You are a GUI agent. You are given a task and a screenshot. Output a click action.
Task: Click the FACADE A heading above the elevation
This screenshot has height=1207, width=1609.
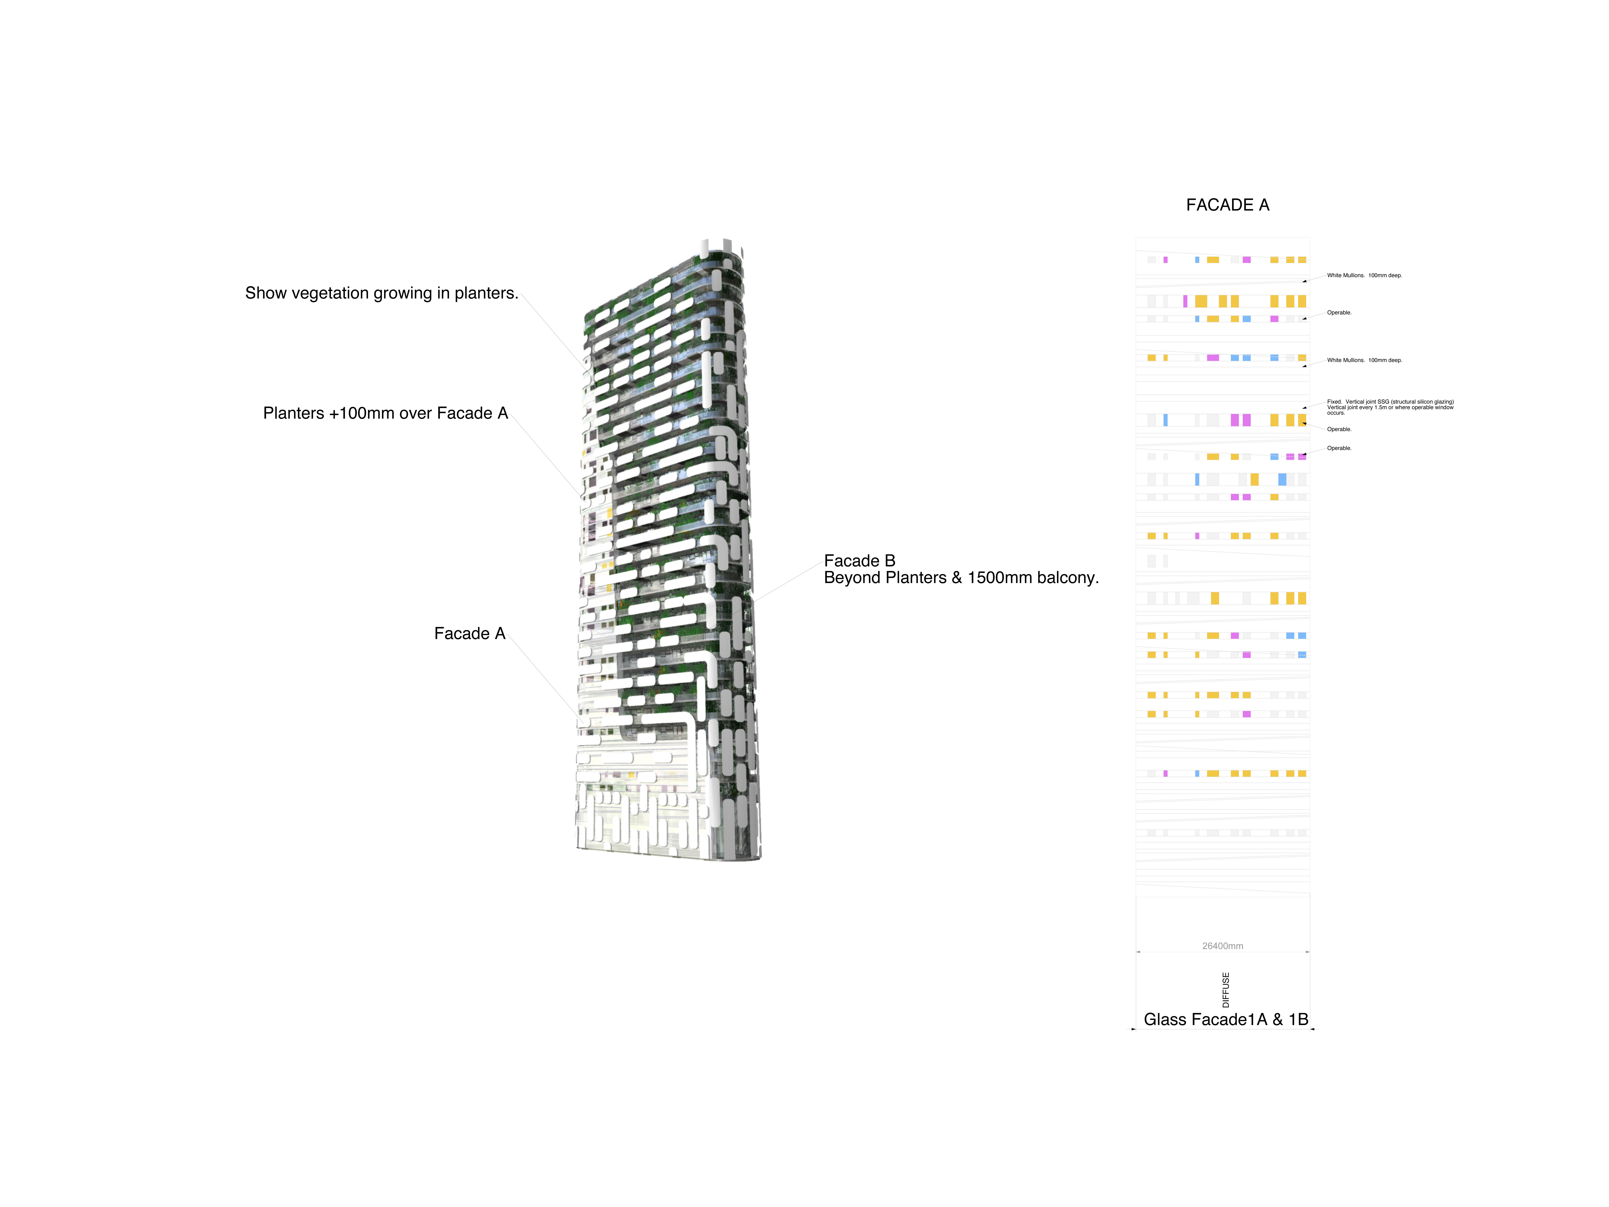1227,205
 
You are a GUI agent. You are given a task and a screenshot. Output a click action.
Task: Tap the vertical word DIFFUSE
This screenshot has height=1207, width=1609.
1226,990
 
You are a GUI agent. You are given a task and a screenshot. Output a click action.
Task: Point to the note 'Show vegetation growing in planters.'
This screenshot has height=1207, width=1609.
382,293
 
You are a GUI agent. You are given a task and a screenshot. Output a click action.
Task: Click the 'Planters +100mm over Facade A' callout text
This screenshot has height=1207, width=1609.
385,413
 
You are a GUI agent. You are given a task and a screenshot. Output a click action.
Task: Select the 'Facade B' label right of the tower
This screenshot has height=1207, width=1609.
859,561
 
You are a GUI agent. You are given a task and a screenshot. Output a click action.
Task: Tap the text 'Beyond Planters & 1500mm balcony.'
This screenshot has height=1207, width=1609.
961,578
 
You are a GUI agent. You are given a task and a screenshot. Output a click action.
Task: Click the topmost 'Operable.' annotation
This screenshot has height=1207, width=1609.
1339,313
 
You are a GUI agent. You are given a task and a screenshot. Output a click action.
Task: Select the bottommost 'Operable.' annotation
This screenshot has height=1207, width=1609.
1339,448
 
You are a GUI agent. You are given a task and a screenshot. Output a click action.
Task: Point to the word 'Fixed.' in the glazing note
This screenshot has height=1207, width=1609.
1334,402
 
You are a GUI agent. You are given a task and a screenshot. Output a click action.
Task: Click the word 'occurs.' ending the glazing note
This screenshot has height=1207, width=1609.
1335,413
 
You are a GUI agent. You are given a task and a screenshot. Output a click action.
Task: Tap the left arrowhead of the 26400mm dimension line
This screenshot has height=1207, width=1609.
1138,952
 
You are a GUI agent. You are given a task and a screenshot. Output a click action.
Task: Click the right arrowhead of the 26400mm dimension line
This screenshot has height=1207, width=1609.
1307,952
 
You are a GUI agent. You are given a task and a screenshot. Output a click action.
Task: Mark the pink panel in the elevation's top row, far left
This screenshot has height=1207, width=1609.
1165,260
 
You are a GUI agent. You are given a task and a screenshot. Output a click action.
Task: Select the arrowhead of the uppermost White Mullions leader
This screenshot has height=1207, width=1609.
1304,281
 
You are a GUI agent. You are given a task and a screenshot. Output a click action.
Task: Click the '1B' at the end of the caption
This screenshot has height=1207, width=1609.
1298,1019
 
